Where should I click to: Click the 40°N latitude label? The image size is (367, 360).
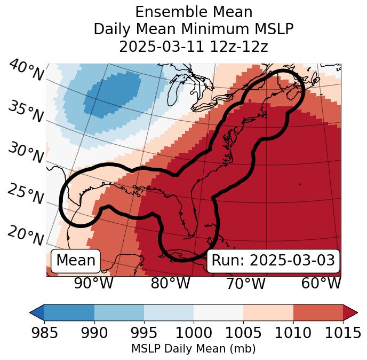pos(26,71)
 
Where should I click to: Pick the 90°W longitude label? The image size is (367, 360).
pos(93,284)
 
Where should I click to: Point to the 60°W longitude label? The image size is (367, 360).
pos(321,284)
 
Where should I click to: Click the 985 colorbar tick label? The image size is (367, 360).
pos(44,333)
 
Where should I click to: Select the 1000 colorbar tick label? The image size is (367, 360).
pos(193,333)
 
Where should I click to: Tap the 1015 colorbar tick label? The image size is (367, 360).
pos(342,333)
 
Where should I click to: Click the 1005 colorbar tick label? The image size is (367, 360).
pos(243,333)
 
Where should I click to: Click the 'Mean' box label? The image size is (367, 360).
pos(76,261)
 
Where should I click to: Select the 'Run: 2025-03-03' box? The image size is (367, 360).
pos(273,261)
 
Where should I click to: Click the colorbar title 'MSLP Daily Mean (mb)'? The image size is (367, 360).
pos(193,349)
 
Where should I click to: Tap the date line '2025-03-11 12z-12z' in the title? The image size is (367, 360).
pos(193,46)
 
